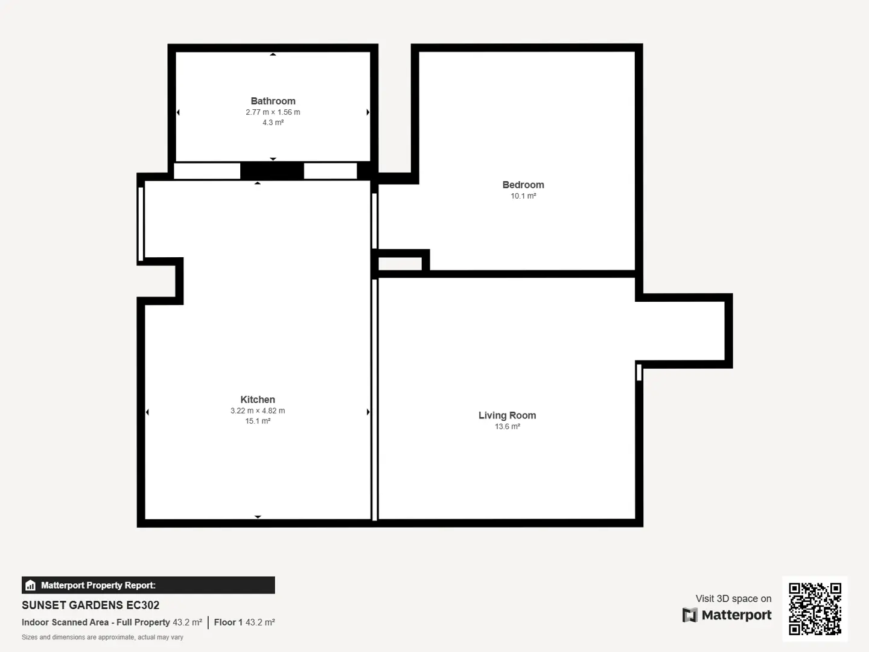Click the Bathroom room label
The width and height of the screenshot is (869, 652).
pos(273,101)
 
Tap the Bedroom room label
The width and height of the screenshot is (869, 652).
pos(523,185)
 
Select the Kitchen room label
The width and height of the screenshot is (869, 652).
pos(257,400)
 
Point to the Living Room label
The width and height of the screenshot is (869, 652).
pos(507,415)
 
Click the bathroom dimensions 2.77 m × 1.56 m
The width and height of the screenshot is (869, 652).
pos(273,112)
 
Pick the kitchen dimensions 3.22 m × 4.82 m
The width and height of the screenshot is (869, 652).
pos(257,411)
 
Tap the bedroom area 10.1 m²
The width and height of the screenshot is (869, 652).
pos(523,196)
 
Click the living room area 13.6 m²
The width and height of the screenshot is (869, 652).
pos(507,426)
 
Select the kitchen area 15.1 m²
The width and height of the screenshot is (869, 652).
pos(257,421)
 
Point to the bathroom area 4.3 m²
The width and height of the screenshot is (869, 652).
pos(273,123)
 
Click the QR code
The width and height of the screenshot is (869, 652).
pos(815,609)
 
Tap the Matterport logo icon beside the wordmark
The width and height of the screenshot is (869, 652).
pos(690,615)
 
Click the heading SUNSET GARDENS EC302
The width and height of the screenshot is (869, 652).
pos(91,605)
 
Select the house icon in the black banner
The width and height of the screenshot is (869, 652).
pos(31,585)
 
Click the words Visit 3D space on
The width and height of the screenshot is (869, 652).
pos(733,598)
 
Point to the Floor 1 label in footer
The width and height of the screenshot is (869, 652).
pos(228,622)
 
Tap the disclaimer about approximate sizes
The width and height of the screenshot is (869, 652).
pos(103,638)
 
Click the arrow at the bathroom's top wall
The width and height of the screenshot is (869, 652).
pos(273,54)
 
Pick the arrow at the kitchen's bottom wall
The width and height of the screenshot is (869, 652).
pos(258,517)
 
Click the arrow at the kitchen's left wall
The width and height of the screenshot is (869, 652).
pos(147,412)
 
